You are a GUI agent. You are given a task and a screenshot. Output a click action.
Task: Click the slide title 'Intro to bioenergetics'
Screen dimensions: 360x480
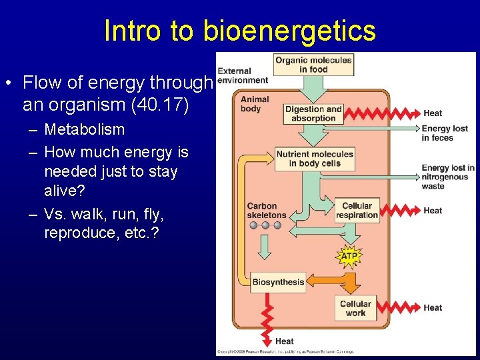coord(240,31)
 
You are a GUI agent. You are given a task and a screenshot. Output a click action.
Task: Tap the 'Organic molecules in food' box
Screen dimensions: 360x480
coord(313,65)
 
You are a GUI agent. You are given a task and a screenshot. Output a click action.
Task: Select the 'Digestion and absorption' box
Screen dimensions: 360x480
coord(313,113)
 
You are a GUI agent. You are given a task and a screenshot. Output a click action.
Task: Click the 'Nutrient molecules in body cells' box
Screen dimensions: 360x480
coord(315,159)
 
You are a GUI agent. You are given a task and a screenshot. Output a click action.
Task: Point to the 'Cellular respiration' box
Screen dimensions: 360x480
coord(357,211)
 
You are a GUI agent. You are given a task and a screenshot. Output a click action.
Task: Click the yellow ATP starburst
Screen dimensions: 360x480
coord(349,256)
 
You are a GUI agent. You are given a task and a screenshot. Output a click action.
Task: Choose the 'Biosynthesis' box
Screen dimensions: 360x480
coord(278,282)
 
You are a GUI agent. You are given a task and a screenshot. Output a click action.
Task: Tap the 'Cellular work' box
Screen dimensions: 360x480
coord(355,308)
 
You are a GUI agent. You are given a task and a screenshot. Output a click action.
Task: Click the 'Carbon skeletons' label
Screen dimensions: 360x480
coord(266,211)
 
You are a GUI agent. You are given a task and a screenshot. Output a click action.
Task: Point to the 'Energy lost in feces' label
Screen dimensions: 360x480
coord(445,133)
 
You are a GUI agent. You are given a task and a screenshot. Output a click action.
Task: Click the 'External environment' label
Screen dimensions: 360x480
coord(243,76)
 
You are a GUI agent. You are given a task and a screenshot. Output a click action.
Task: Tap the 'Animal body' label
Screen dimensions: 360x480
coord(255,104)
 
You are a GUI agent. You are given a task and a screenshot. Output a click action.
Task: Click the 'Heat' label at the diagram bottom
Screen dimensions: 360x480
coord(285,341)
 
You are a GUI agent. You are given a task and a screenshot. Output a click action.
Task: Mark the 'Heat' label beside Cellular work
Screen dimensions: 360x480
coord(433,308)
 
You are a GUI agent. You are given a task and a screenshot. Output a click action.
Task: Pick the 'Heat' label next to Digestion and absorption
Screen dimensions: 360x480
coord(433,113)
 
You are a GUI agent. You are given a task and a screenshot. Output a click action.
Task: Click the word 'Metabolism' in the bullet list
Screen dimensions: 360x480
coord(84,129)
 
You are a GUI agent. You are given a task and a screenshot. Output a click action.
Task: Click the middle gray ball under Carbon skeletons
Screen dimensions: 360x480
coord(265,225)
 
